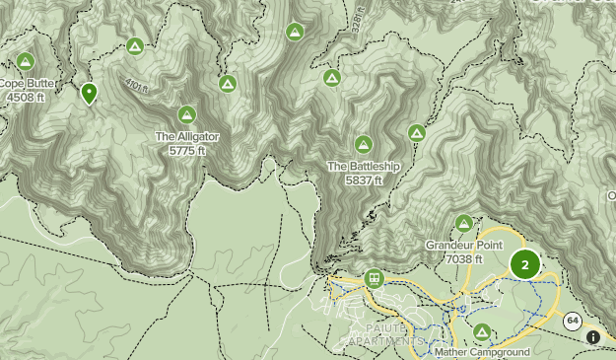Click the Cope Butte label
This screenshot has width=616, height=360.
coord(27,84)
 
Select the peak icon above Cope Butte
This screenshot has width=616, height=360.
coord(26,61)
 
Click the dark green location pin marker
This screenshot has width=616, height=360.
coord(90,93)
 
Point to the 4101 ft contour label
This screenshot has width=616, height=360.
coord(136,86)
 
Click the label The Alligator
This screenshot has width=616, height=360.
coord(186,136)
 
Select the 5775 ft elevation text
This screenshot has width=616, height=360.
coord(186,150)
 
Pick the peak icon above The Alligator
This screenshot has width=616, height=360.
coord(187,113)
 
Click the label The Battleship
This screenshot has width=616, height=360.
coord(364,167)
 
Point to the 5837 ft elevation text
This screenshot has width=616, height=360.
coord(364,180)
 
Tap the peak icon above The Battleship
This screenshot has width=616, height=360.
coord(364,144)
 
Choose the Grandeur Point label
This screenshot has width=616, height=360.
coord(464,245)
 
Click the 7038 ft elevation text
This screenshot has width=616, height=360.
coord(464,258)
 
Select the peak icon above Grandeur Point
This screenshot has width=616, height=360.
coord(463,223)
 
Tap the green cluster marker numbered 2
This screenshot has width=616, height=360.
coord(524,264)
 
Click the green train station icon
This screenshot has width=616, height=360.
coord(374,279)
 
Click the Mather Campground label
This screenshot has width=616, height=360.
coord(482,352)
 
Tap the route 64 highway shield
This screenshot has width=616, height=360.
coord(572,321)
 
